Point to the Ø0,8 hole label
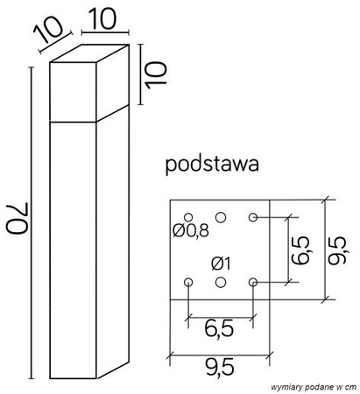point(191,232)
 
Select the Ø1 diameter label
point(222,262)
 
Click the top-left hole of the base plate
point(188,217)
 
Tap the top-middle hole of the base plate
point(221,216)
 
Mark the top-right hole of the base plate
point(253,216)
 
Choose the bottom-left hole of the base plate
point(188,282)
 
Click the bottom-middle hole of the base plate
point(221,282)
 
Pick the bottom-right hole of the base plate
point(253,282)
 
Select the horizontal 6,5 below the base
point(220,330)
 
